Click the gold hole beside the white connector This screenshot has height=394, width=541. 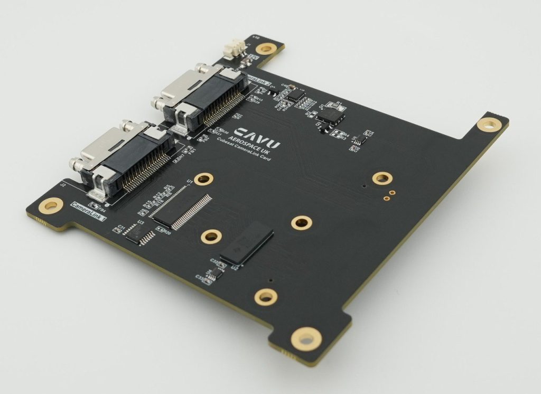click(267, 49)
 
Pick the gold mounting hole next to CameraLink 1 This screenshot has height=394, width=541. click(51, 205)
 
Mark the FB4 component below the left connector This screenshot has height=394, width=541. click(95, 205)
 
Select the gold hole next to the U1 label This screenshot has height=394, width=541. click(203, 179)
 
